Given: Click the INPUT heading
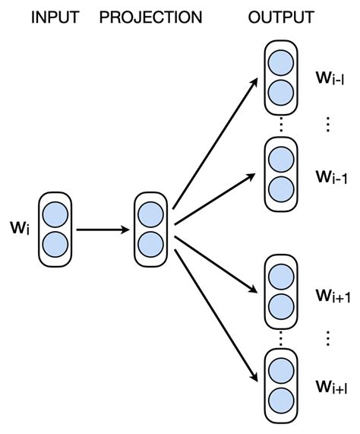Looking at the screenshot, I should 55,16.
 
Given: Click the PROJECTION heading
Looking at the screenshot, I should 151,16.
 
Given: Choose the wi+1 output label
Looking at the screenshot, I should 333,296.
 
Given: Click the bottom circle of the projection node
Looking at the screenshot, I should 151,244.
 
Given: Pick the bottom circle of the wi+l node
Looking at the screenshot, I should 279,399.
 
